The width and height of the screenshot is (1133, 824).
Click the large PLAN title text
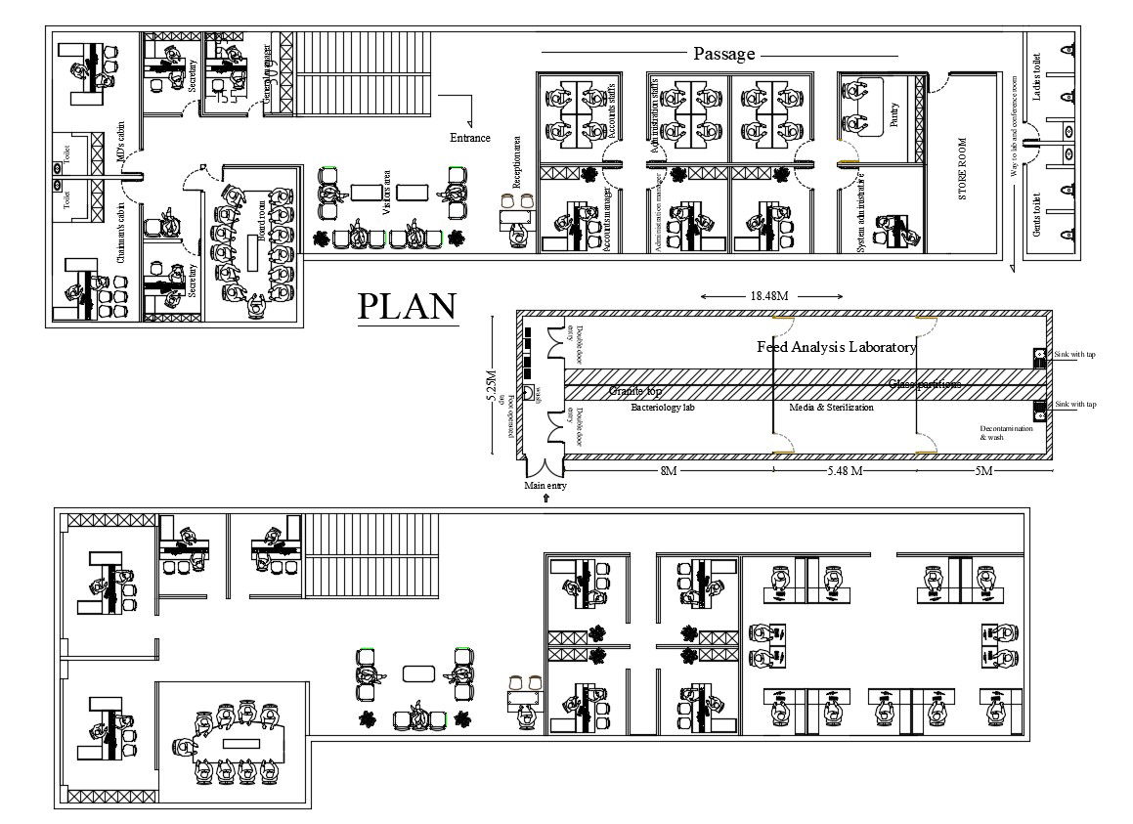[407, 307]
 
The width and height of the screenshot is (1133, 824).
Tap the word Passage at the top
[724, 54]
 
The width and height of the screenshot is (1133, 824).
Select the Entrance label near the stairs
[469, 138]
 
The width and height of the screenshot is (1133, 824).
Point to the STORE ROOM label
[962, 169]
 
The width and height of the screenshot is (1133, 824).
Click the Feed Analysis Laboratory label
[837, 347]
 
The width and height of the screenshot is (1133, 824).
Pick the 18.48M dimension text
[770, 295]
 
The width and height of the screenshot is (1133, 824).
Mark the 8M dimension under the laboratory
[668, 471]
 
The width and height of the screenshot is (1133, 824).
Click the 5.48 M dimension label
[845, 471]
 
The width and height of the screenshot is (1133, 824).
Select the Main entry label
[545, 485]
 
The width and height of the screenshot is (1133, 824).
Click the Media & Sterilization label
[831, 407]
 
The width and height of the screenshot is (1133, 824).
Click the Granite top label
[635, 391]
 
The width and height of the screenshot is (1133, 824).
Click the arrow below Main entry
[545, 498]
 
